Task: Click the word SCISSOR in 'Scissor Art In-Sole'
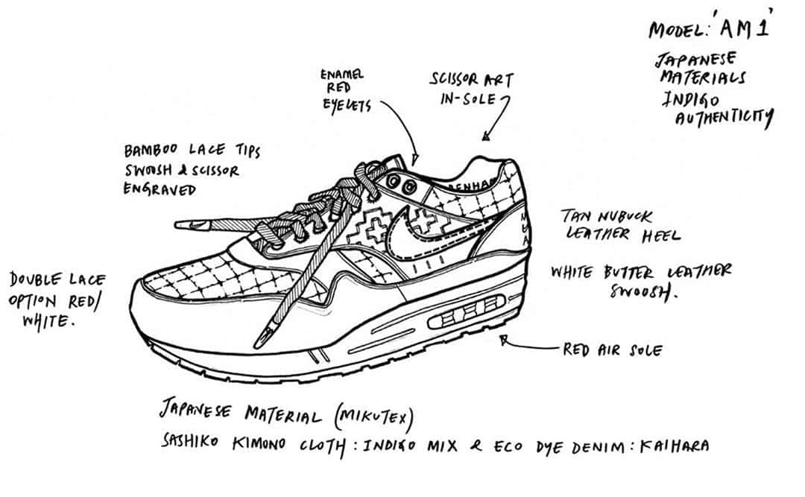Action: coord(455,80)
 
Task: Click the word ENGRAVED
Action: coord(159,189)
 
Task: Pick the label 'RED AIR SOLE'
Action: coord(612,349)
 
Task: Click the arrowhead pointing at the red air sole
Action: coord(505,341)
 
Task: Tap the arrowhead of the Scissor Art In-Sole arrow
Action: coord(485,136)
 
